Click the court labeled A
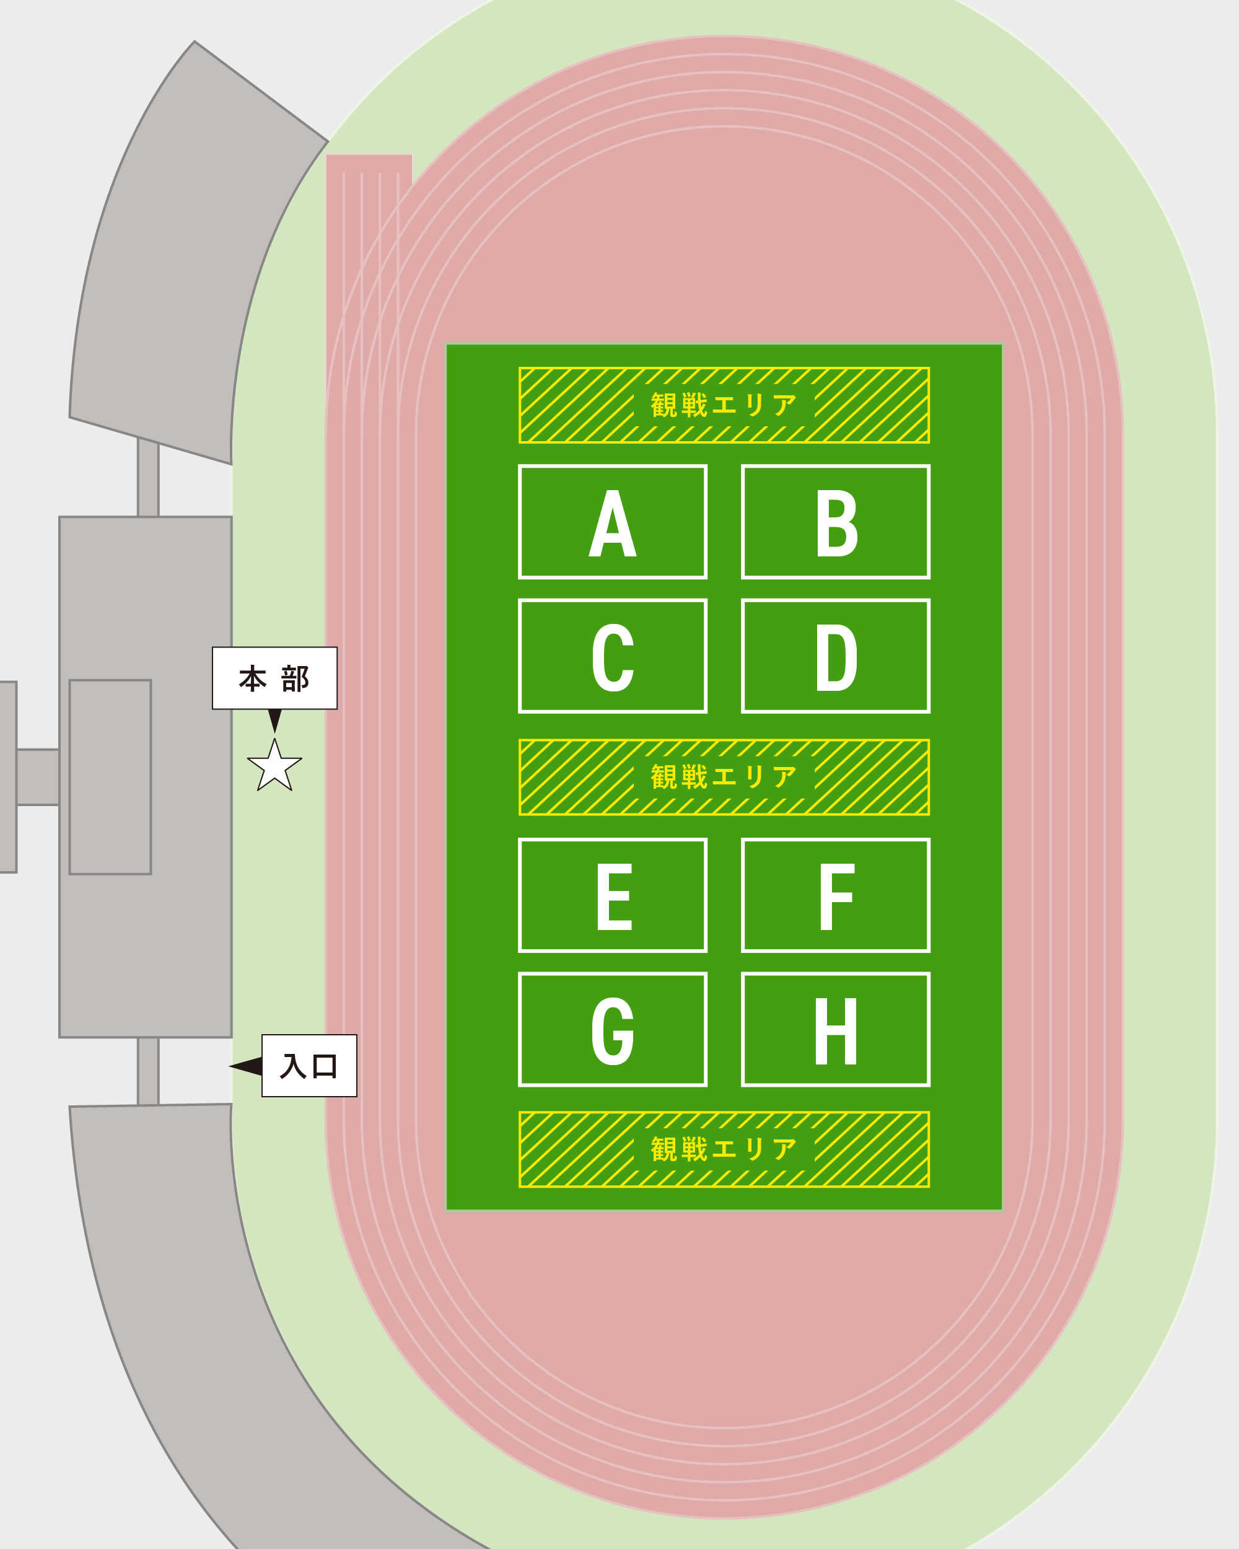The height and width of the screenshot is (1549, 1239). (613, 522)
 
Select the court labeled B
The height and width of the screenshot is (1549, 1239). (835, 522)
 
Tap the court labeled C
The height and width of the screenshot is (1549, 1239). (613, 656)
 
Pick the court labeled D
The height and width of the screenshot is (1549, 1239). (835, 656)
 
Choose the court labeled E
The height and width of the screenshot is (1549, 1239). (613, 895)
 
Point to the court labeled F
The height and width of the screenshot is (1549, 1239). (835, 895)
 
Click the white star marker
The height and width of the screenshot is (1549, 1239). (274, 766)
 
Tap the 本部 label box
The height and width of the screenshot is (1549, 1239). (274, 678)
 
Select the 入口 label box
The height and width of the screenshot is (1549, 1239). (309, 1066)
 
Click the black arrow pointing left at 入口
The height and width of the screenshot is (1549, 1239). (247, 1066)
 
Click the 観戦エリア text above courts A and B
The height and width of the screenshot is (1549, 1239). (724, 405)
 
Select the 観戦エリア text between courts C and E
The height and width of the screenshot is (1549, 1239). (724, 776)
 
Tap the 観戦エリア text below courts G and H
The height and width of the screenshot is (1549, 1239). (724, 1149)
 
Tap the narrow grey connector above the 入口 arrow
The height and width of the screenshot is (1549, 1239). (148, 1071)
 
